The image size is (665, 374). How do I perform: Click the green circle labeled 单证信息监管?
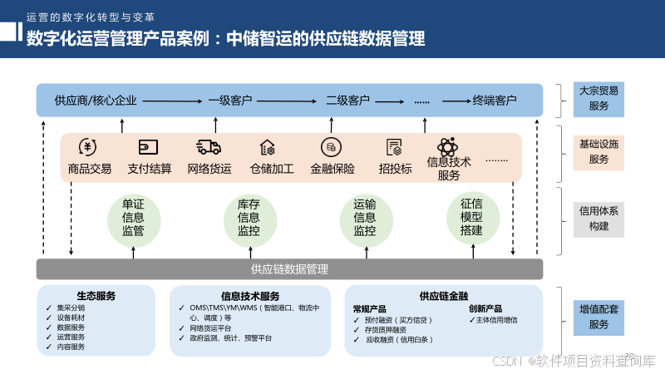pos(133,218)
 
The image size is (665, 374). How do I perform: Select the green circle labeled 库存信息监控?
pos(249,218)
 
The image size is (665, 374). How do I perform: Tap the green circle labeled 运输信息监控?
pos(364,218)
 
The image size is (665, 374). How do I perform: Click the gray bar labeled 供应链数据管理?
pos(289,269)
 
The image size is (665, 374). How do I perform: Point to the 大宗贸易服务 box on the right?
pos(598,98)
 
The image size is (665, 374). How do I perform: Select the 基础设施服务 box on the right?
pos(598,151)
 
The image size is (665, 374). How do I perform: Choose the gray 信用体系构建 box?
pos(598,219)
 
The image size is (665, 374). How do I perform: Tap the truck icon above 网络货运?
pos(209,148)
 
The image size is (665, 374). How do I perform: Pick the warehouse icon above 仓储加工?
pos(268,148)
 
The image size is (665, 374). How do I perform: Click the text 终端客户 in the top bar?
pos(495,101)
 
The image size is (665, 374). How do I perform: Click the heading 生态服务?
pos(96,296)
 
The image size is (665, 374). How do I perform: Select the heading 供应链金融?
pos(444,296)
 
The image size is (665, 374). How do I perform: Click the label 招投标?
pos(395,169)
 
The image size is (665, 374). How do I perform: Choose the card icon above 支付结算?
pos(149,148)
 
